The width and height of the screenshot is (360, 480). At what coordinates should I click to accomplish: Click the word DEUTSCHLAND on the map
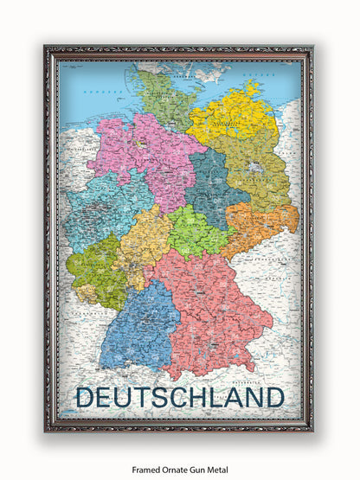pyautogui.click(x=179, y=397)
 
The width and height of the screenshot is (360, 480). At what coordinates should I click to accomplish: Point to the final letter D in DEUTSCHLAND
pyautogui.click(x=274, y=397)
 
